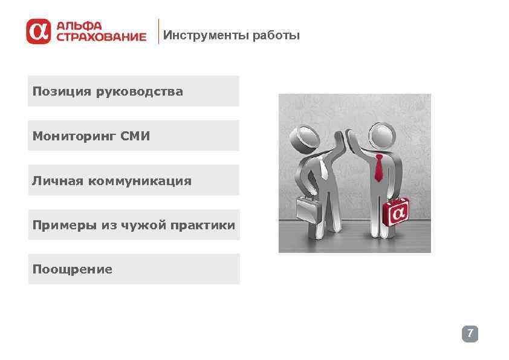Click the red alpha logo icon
click(38, 31)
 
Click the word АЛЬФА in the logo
click(79, 26)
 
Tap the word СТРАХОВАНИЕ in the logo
click(102, 37)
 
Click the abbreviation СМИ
click(135, 136)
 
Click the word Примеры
click(60, 225)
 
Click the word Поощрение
click(73, 269)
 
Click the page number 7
click(470, 333)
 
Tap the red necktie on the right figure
click(378, 168)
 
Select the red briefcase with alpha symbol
click(397, 212)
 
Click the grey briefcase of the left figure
click(308, 209)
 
